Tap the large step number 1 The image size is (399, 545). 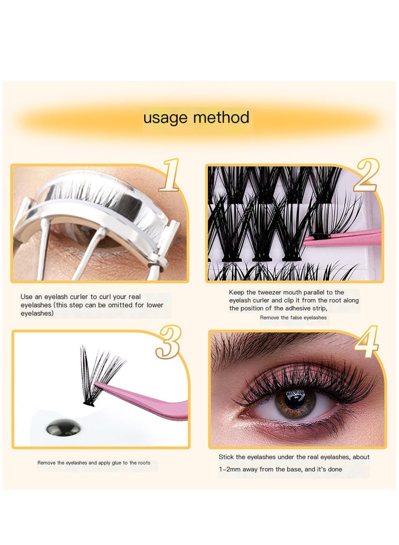pyautogui.click(x=169, y=175)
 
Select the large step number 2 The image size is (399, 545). pyautogui.click(x=367, y=175)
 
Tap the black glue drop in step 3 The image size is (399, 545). pyautogui.click(x=59, y=427)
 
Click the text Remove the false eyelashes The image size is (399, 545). pyautogui.click(x=293, y=317)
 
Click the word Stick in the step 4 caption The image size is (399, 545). pyautogui.click(x=226, y=457)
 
